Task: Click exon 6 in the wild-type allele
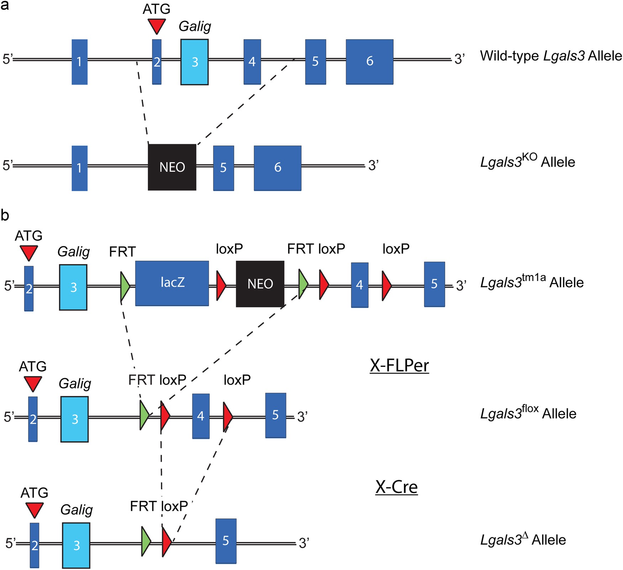click(x=370, y=62)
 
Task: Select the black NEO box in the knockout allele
click(x=172, y=167)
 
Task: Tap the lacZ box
click(x=172, y=283)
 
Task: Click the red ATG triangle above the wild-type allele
click(x=157, y=25)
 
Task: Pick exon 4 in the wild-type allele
click(x=252, y=62)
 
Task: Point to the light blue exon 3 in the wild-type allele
click(x=194, y=62)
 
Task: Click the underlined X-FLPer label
click(x=399, y=365)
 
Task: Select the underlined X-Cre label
click(x=397, y=487)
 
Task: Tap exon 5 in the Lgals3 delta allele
click(x=226, y=541)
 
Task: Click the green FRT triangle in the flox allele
click(x=144, y=415)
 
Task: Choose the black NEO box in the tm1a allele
click(x=260, y=284)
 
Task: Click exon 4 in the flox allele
click(x=201, y=416)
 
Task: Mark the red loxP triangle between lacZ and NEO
click(x=221, y=285)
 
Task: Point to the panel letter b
click(x=5, y=215)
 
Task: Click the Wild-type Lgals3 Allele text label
click(x=551, y=56)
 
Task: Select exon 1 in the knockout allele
click(x=79, y=168)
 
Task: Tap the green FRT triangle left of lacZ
click(x=125, y=286)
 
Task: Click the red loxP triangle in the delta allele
click(x=166, y=542)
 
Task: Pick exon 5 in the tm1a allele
click(x=434, y=284)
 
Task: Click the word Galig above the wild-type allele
click(x=195, y=26)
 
